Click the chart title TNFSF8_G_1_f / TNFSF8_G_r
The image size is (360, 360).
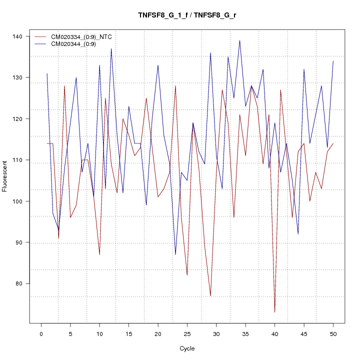click(187, 15)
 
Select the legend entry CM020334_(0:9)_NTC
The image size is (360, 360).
click(85, 37)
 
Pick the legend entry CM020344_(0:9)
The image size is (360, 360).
click(77, 44)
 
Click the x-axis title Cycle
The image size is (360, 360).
click(187, 348)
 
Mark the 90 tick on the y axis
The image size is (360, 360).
click(22, 242)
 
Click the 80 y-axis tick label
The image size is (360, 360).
click(22, 283)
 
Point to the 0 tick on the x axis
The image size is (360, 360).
click(41, 333)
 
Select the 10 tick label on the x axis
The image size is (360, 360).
click(99, 333)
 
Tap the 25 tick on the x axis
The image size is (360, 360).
click(187, 333)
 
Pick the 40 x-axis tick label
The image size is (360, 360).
click(274, 333)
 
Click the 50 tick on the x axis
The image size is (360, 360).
click(333, 333)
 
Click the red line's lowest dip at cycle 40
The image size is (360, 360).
click(274, 312)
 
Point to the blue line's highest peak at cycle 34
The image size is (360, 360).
click(239, 40)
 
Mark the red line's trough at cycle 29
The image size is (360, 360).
click(210, 295)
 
